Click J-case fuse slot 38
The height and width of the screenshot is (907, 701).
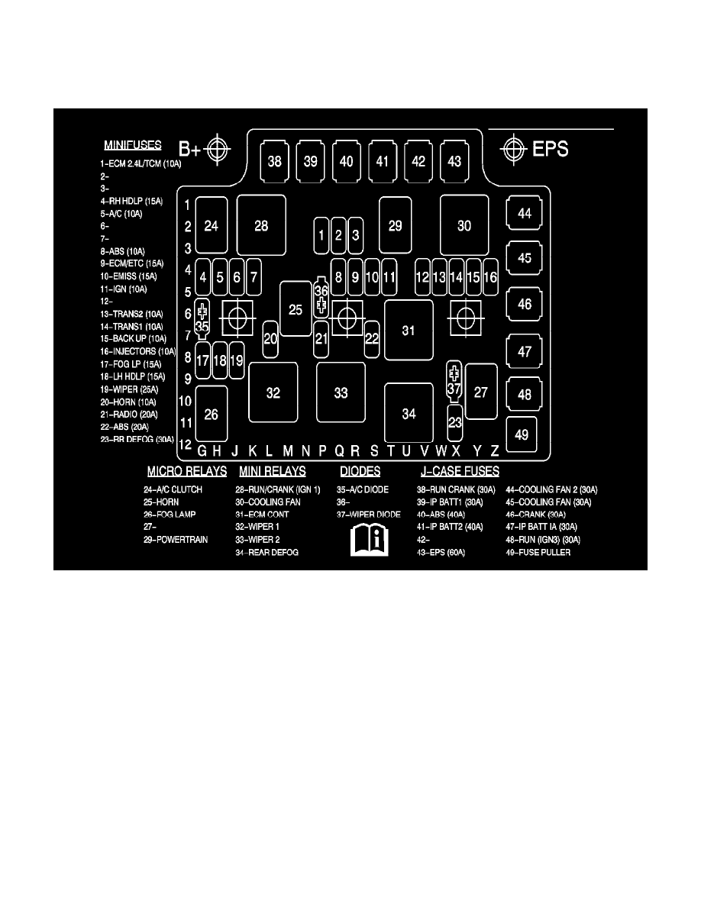coord(273,161)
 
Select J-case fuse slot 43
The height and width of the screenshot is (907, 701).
coord(454,161)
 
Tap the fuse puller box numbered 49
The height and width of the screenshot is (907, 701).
coord(522,434)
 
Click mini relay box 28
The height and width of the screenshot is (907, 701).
coord(261,225)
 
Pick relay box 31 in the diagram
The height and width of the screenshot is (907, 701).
coord(409,330)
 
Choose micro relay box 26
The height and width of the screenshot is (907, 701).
coord(212,414)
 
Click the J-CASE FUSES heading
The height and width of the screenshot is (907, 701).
coord(460,472)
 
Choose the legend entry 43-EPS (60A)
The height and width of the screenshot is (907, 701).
coord(441,552)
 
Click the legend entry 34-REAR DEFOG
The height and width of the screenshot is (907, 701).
coord(267,552)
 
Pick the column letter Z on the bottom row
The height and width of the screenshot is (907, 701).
coord(495,451)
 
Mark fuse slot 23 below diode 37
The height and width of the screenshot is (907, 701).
coord(455,421)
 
